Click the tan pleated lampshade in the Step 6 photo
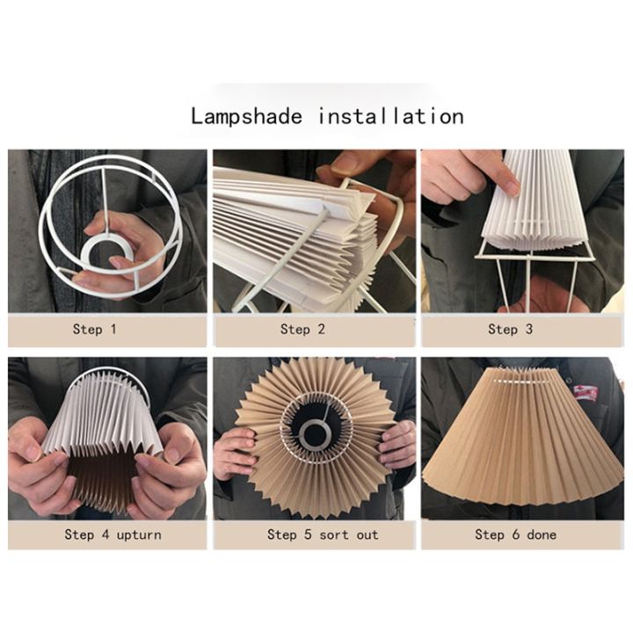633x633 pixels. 519,448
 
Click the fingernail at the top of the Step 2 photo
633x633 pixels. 346,164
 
